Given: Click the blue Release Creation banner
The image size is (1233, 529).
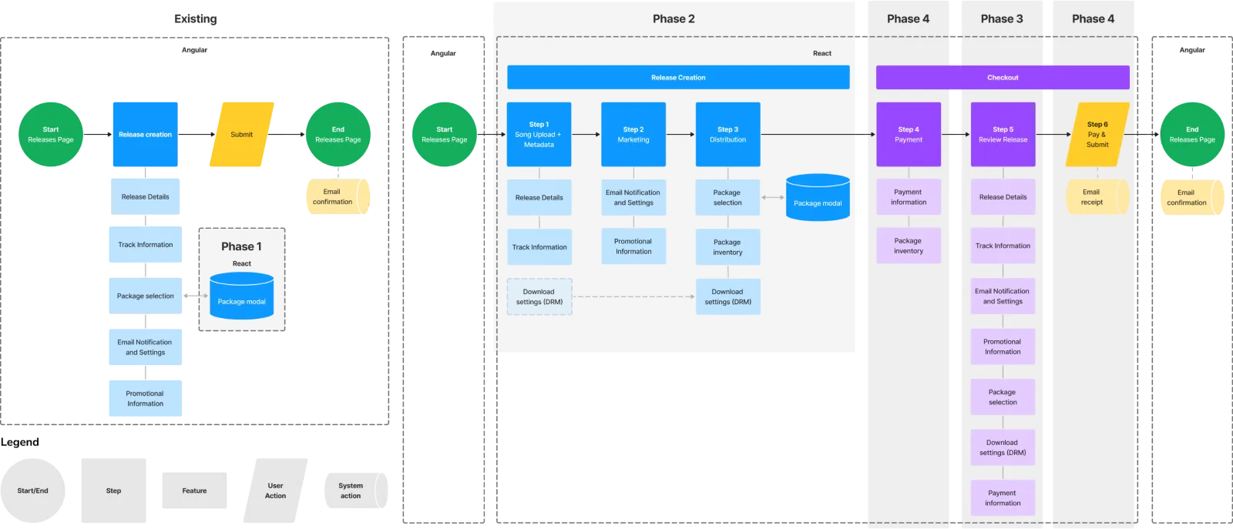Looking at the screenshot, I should pyautogui.click(x=678, y=77).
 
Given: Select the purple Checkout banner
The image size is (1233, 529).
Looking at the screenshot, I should pyautogui.click(x=1002, y=77).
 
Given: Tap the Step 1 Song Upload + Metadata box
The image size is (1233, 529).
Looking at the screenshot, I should pyautogui.click(x=539, y=134).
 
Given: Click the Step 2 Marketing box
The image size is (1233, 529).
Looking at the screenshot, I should pyautogui.click(x=633, y=134).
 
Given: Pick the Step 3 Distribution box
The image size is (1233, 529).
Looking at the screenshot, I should pyautogui.click(x=727, y=134).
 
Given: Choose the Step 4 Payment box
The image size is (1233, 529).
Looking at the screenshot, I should pyautogui.click(x=908, y=134).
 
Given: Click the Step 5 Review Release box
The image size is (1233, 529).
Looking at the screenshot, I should pyautogui.click(x=1003, y=134).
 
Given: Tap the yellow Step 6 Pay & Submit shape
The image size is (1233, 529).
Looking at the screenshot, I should pyautogui.click(x=1097, y=134).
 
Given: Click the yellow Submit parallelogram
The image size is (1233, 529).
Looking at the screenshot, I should pyautogui.click(x=241, y=134).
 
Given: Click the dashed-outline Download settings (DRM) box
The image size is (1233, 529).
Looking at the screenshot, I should pyautogui.click(x=539, y=296).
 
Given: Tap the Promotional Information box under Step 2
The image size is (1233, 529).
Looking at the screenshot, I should pyautogui.click(x=633, y=246).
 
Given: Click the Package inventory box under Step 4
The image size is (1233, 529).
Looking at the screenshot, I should pyautogui.click(x=908, y=246).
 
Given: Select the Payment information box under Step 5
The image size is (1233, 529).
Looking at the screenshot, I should pyautogui.click(x=1003, y=497).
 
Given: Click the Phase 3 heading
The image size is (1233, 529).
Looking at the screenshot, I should pyautogui.click(x=1001, y=18).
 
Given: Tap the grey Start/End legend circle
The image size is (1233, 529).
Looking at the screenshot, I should pyautogui.click(x=33, y=490).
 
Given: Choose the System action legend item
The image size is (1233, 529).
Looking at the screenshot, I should pyautogui.click(x=351, y=490).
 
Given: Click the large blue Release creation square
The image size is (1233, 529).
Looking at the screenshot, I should pyautogui.click(x=145, y=134).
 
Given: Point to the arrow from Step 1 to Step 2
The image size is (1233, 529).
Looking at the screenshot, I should pyautogui.click(x=586, y=134).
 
